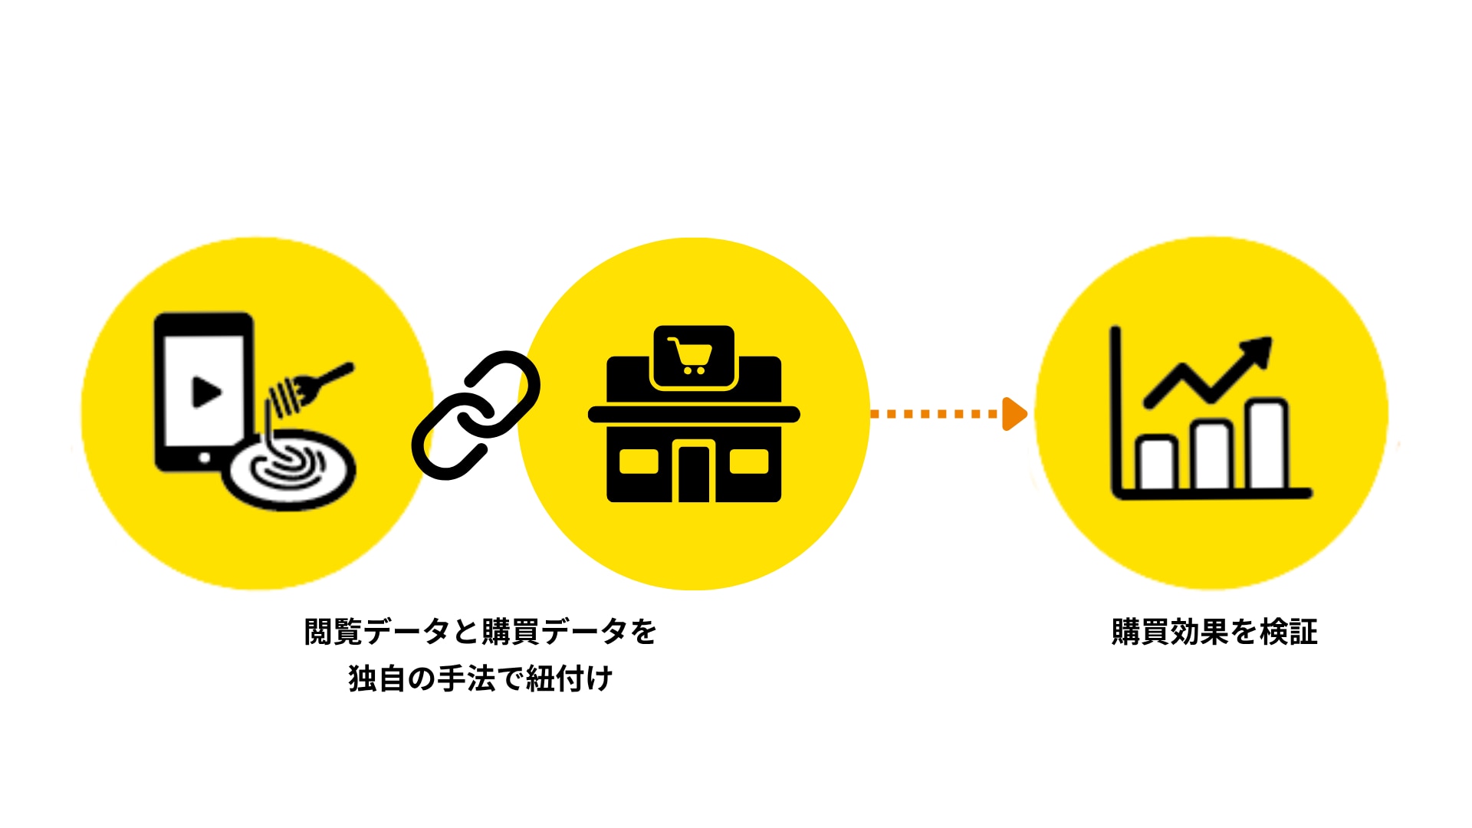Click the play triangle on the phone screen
tap(205, 392)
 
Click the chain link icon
tap(476, 415)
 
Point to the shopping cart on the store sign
tap(692, 356)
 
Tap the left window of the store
tap(639, 462)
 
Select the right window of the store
tap(749, 462)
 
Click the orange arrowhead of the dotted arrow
tap(1014, 414)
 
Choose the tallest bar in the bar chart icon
tap(1267, 444)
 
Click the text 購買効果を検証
tap(1214, 632)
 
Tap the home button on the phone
tap(205, 458)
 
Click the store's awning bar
tap(694, 415)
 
